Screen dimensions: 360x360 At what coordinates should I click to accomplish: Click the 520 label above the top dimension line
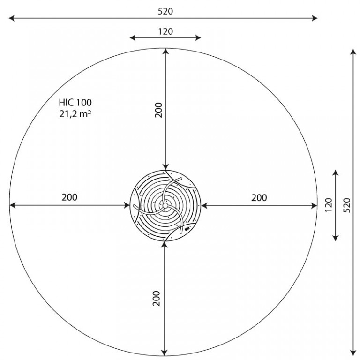(165, 11)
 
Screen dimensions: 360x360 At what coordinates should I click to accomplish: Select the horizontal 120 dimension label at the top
(165, 31)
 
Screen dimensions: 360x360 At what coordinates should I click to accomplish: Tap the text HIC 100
(75, 102)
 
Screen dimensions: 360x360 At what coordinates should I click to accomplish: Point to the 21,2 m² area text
(75, 113)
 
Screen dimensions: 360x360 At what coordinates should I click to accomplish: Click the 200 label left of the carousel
(69, 197)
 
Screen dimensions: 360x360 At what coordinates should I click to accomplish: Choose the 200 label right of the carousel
(259, 198)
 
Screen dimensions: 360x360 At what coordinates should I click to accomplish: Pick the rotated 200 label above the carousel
(158, 110)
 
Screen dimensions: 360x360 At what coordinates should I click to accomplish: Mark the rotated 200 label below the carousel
(157, 298)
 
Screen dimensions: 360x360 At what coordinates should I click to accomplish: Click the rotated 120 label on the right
(329, 205)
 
